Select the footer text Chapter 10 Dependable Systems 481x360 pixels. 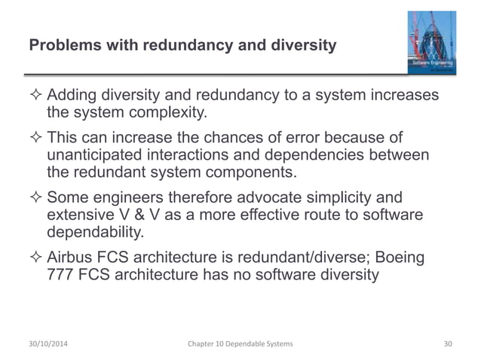pyautogui.click(x=240, y=343)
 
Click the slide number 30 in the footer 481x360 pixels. pyautogui.click(x=448, y=343)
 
